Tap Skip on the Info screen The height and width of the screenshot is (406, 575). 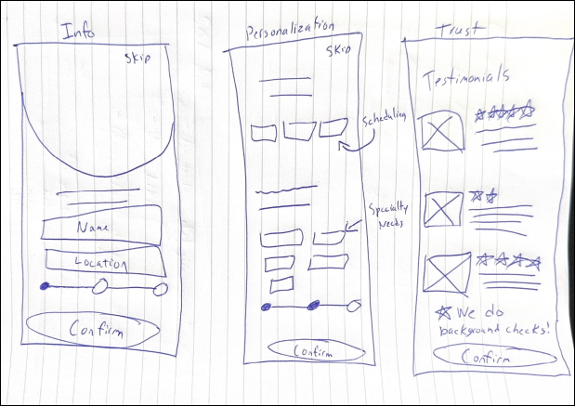139,59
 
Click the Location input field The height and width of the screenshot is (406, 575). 101,262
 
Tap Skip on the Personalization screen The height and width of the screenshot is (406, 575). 338,51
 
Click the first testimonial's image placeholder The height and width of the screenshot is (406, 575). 442,131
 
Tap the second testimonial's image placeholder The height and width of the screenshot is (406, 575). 443,209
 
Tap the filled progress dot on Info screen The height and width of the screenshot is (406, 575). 45,286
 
